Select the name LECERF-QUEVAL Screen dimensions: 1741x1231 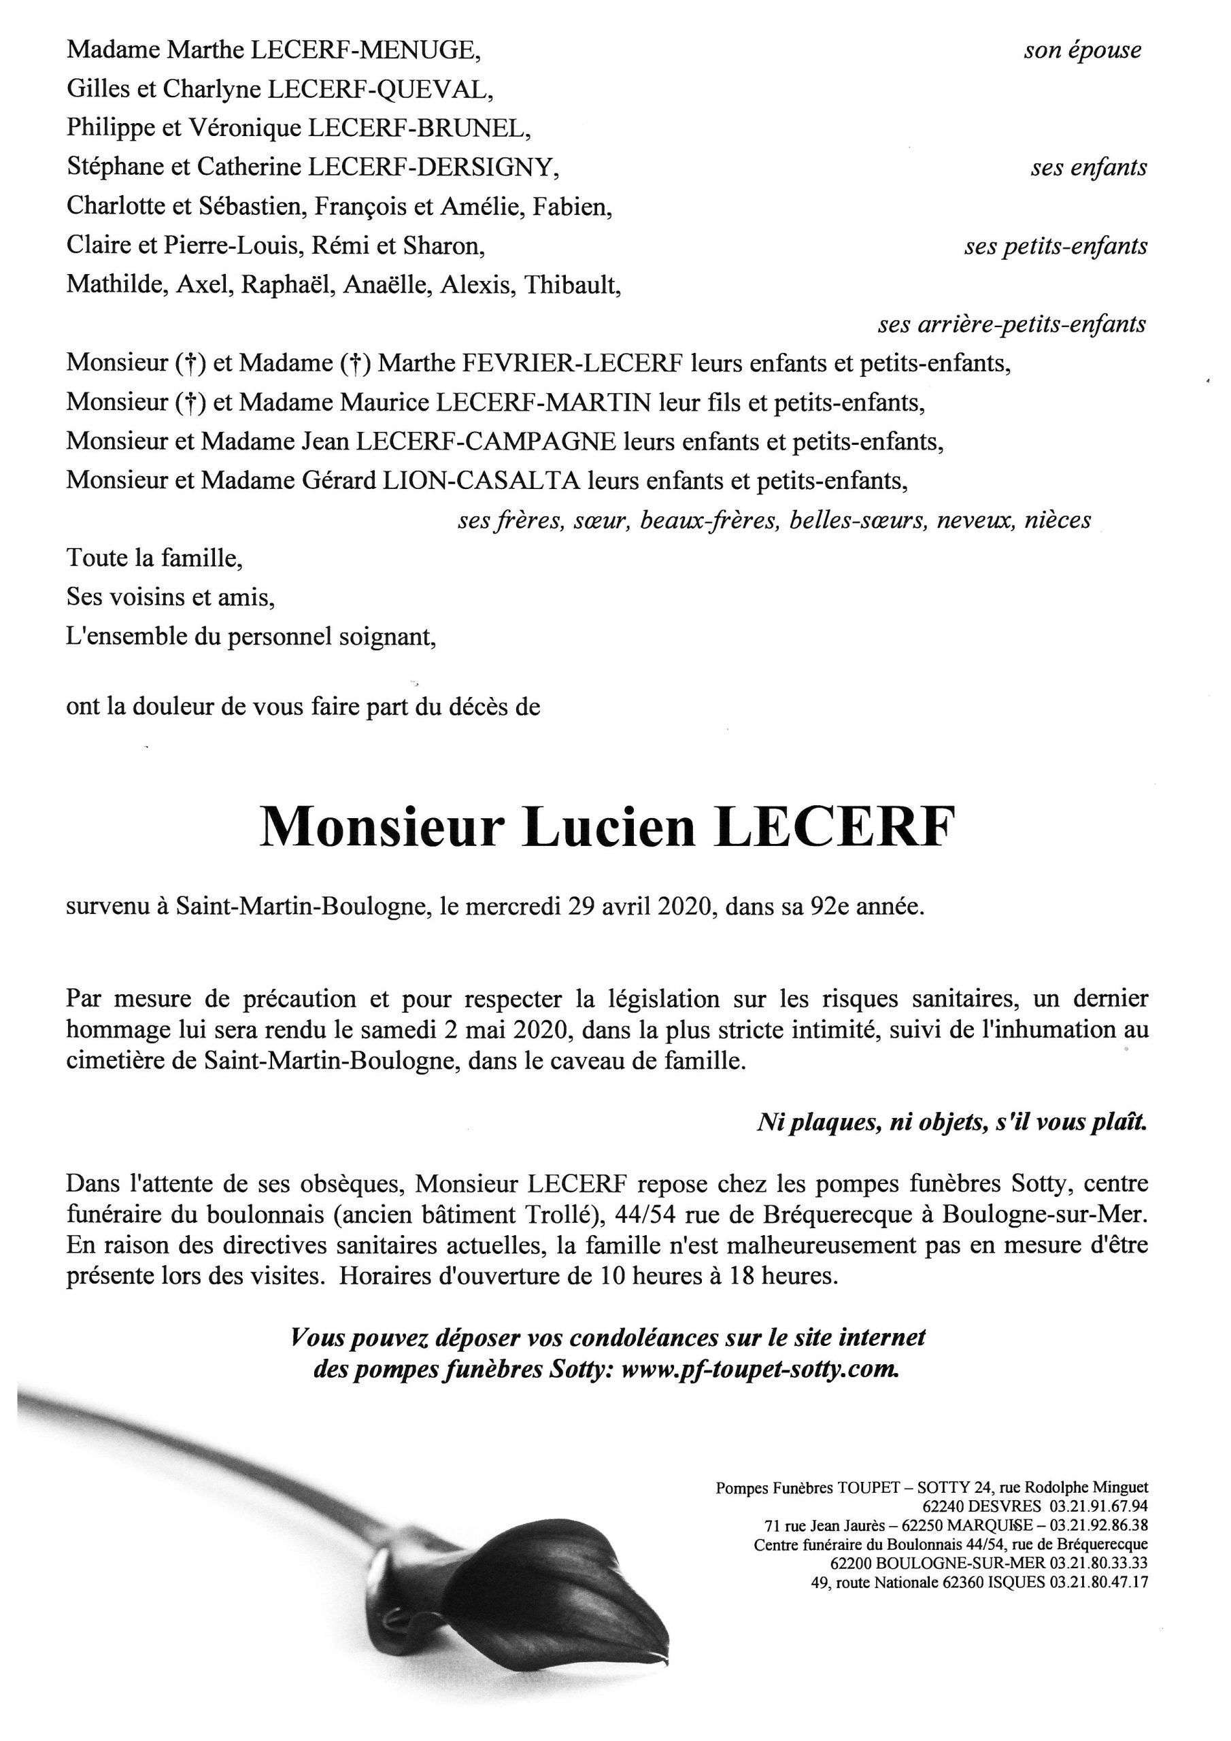pos(377,90)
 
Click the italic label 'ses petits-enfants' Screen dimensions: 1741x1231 pos(1056,246)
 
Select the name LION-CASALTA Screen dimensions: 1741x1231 pos(479,480)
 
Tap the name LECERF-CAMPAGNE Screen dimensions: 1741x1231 pos(486,441)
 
